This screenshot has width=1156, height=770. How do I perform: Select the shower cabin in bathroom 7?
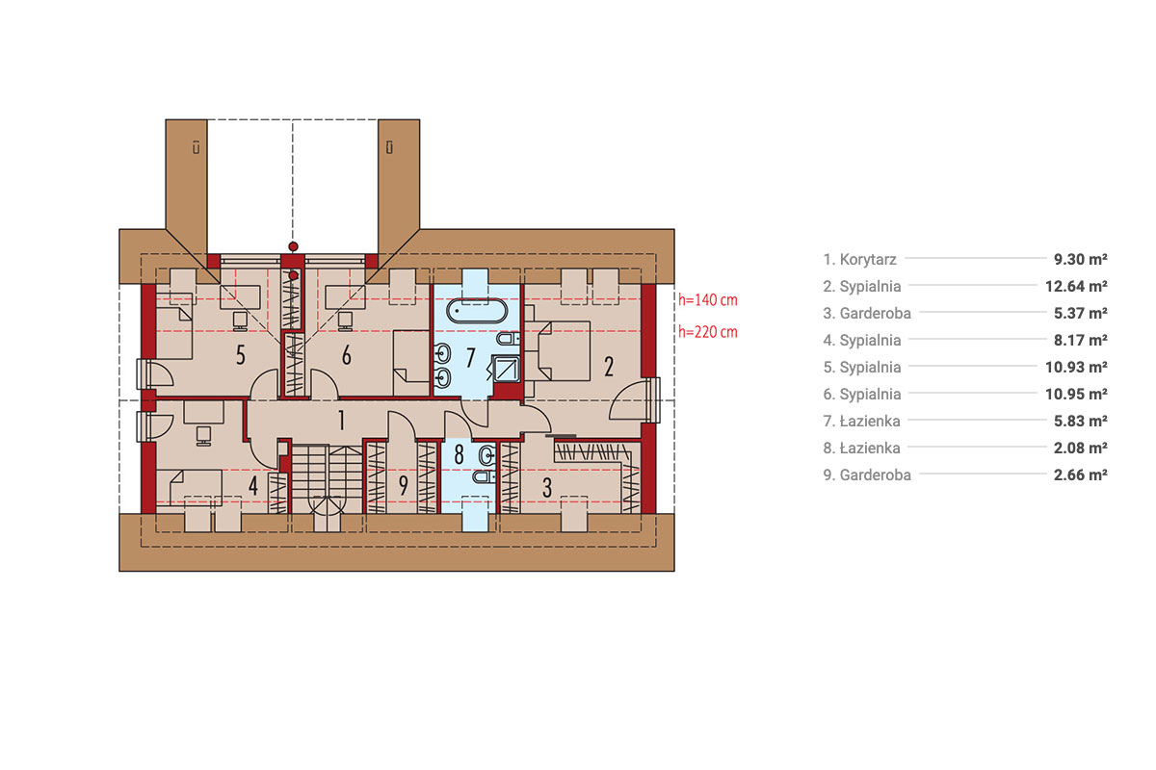click(506, 369)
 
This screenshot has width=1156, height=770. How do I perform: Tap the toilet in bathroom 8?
click(484, 477)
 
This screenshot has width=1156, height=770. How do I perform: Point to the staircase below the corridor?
click(328, 479)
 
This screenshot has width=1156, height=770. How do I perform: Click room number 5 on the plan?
click(241, 355)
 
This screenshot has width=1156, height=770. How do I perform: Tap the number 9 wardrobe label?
click(403, 485)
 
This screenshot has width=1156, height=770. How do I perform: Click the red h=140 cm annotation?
click(707, 299)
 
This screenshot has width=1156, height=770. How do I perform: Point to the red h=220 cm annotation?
click(707, 332)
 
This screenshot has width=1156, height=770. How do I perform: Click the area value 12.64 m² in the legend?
click(1076, 286)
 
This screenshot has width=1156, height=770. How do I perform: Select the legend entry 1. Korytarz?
click(859, 260)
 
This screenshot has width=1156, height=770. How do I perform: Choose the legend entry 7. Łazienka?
click(862, 421)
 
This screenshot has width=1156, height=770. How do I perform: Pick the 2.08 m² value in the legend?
click(1081, 448)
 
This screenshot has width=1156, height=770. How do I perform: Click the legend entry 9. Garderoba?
click(867, 475)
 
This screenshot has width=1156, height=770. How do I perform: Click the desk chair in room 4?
click(203, 436)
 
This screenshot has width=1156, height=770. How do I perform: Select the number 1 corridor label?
click(341, 421)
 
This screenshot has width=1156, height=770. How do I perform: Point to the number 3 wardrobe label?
click(546, 488)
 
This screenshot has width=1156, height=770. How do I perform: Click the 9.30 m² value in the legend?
click(1081, 260)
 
